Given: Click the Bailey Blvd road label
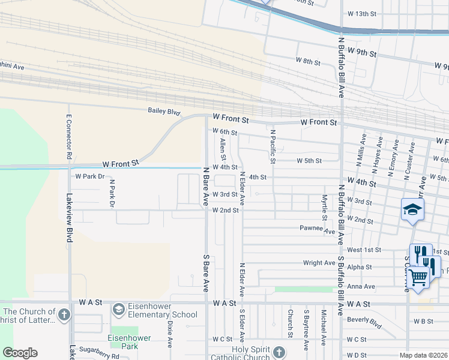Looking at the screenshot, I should [x=164, y=111].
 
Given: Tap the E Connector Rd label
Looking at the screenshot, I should [x=70, y=137].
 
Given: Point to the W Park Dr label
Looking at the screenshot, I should [x=90, y=176].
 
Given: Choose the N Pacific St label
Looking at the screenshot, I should [x=273, y=147].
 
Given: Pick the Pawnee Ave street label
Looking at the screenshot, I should [x=317, y=229].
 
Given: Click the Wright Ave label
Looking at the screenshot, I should [x=319, y=263].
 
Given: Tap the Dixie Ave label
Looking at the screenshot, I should [x=170, y=334].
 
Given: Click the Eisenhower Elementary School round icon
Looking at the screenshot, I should [x=119, y=309].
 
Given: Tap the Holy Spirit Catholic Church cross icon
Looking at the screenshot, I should [x=278, y=352].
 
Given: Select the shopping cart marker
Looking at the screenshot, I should [x=418, y=277].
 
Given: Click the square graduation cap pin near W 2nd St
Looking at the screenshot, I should [x=413, y=209].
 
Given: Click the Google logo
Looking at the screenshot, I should [x=20, y=352].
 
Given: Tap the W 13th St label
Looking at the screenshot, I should [x=361, y=13].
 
